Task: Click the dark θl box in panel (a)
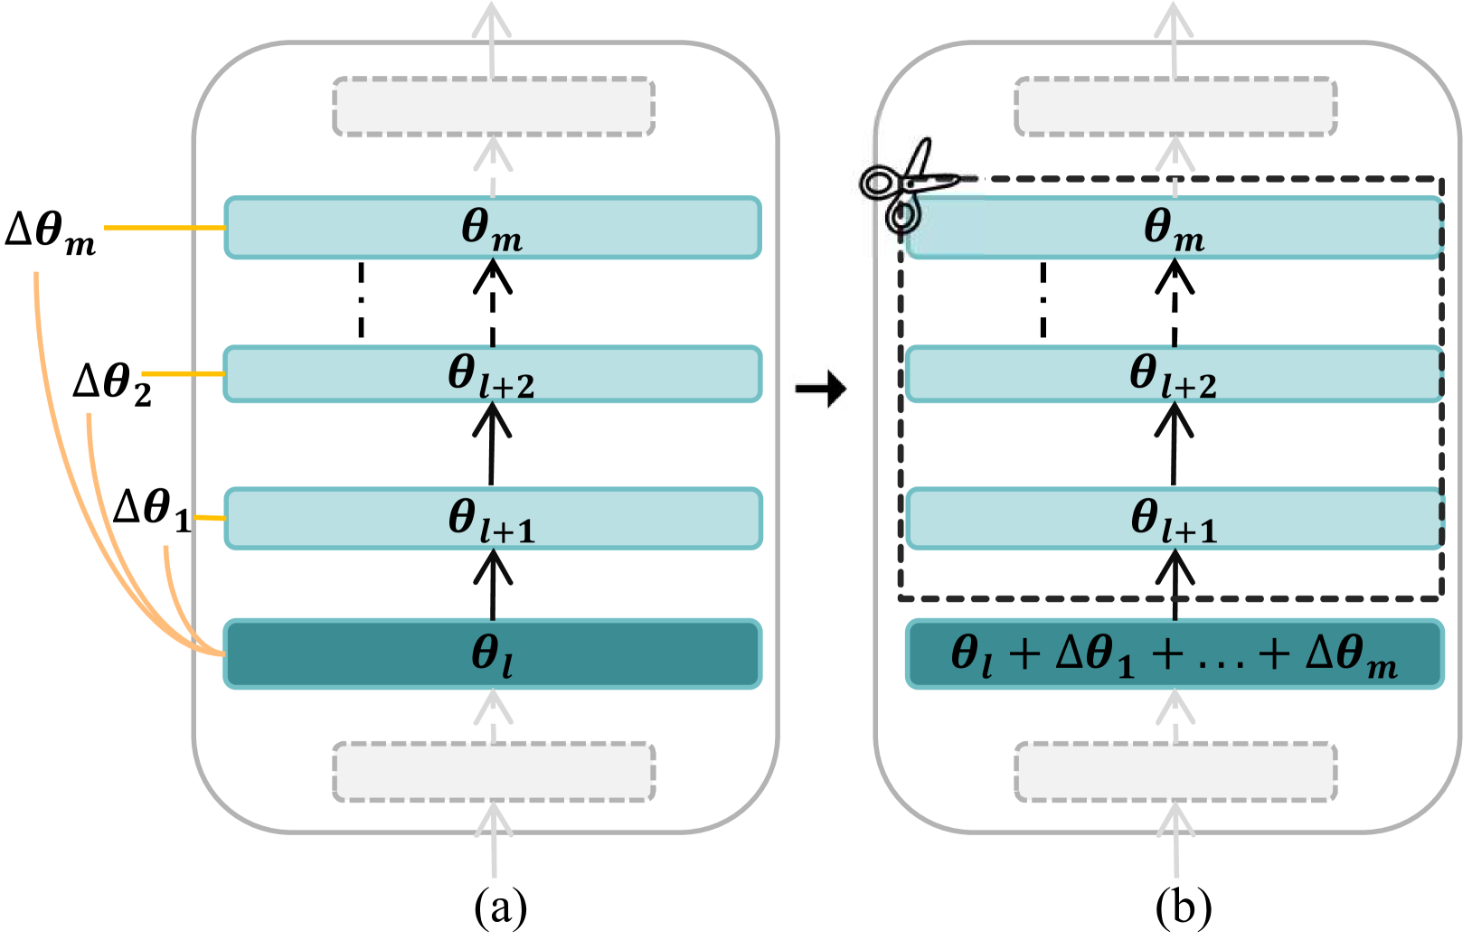(x=492, y=653)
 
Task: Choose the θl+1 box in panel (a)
(x=492, y=519)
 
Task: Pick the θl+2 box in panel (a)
(x=492, y=374)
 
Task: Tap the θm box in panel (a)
(x=492, y=228)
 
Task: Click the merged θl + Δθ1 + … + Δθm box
(x=1174, y=653)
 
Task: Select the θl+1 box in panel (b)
(x=1174, y=519)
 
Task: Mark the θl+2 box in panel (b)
(x=1174, y=374)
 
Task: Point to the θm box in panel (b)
(x=1174, y=228)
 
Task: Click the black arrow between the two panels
(x=821, y=390)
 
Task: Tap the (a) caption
(x=500, y=907)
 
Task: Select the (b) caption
(x=1183, y=907)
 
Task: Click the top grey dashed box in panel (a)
(x=494, y=107)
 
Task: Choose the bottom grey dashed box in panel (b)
(x=1175, y=772)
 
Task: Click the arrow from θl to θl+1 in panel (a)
(x=493, y=585)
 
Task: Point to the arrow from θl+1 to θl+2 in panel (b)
(x=1174, y=443)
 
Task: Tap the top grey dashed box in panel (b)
(x=1175, y=107)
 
